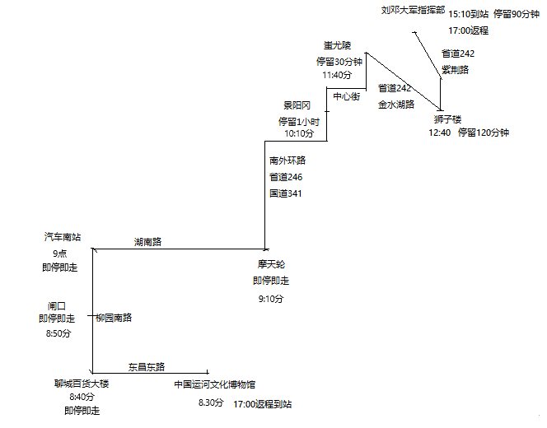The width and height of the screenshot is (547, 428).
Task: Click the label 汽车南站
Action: point(63,237)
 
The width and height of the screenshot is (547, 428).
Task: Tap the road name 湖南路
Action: point(148,242)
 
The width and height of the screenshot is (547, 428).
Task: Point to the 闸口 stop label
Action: point(57,305)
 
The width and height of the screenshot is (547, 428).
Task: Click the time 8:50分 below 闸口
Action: point(57,333)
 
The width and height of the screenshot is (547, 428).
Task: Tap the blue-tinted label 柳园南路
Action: point(114,318)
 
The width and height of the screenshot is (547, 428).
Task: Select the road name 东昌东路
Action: point(147,366)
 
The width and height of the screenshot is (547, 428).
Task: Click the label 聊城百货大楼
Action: point(82,384)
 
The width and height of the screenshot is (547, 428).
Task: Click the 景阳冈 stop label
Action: point(297,105)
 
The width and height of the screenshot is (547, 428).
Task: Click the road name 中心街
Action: point(346,96)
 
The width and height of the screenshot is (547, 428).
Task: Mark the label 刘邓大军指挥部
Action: point(413,12)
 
